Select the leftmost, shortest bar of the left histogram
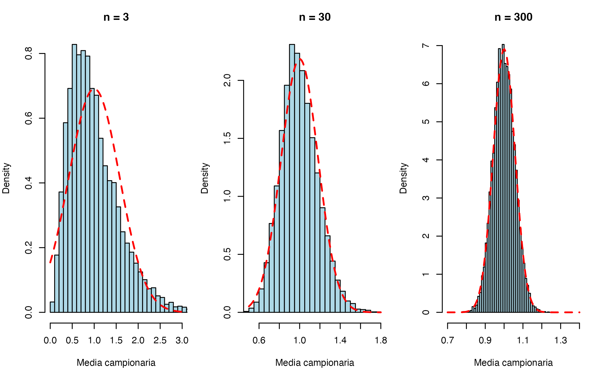(53, 307)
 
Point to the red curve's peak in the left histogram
(96, 90)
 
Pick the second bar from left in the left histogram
(57, 284)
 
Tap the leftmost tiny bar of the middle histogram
(251, 310)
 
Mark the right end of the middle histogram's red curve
(381, 312)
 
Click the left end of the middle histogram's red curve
(249, 306)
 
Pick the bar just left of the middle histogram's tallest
(287, 199)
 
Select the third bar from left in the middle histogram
(262, 300)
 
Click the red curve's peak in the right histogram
(504, 49)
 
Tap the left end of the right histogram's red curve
(447, 312)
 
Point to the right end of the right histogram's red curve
(580, 312)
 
